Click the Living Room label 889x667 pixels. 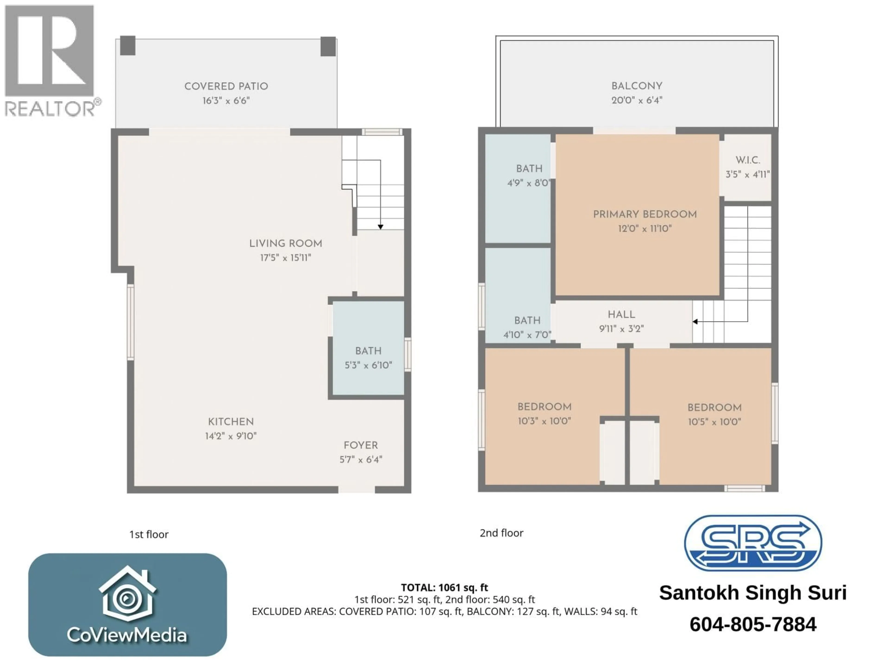pos(285,243)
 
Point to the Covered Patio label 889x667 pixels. pos(226,86)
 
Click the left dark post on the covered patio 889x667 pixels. pos(128,46)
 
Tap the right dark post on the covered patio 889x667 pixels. pos(328,46)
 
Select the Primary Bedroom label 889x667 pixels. pos(645,214)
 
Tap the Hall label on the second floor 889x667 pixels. pos(621,315)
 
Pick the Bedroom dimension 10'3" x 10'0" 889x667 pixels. pos(544,421)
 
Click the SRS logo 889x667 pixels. pos(753,543)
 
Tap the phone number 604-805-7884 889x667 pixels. pos(753,624)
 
